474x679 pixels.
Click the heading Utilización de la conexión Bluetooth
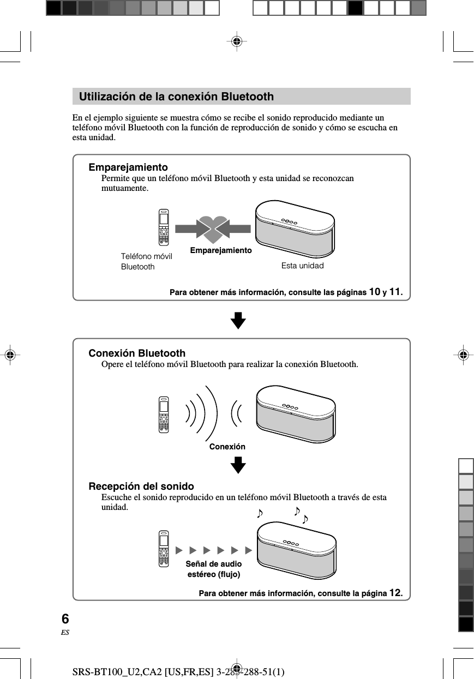[x=176, y=97]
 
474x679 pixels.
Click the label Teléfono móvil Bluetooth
[x=146, y=261]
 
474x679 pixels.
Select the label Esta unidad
[x=302, y=266]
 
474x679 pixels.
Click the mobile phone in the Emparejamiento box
[x=163, y=227]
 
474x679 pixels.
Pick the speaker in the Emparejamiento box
[x=295, y=229]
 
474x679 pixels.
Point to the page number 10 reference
[x=375, y=292]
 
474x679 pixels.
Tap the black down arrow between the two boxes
[x=238, y=320]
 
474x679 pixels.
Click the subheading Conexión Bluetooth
[x=137, y=353]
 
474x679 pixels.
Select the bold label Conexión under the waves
[x=227, y=447]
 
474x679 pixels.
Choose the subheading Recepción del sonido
[x=141, y=486]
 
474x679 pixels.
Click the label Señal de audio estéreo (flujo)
[x=214, y=569]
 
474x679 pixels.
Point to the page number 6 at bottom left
[x=65, y=619]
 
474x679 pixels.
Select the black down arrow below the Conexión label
[x=238, y=465]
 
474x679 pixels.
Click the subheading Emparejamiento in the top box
[x=128, y=167]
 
